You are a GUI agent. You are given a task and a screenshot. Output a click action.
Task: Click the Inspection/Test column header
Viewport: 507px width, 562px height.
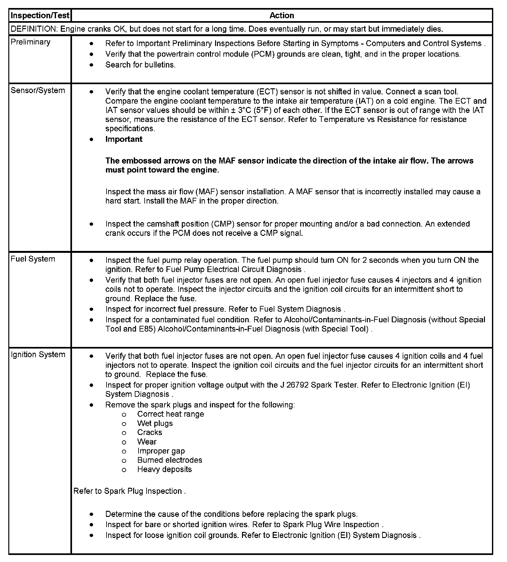pos(40,15)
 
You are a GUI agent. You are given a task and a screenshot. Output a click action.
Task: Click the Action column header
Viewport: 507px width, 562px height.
pos(282,15)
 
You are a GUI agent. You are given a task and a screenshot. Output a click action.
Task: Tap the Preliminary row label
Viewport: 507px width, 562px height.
pos(30,42)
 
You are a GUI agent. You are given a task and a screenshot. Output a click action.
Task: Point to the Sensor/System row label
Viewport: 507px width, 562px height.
pos(38,90)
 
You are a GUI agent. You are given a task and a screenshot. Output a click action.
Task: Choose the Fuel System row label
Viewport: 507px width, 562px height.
pos(33,259)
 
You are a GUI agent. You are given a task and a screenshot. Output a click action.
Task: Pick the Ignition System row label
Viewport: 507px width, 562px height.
pos(38,354)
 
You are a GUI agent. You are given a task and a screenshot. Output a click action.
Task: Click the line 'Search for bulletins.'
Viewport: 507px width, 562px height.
pos(141,65)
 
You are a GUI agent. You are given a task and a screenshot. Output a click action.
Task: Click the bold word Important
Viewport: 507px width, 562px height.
pos(124,139)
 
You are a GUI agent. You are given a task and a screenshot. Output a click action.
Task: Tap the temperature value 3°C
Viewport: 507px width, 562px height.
pos(245,110)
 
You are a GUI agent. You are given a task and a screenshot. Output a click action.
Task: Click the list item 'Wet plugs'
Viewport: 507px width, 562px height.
pos(155,423)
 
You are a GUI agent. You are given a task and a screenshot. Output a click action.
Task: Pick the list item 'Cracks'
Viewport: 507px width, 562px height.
pos(149,432)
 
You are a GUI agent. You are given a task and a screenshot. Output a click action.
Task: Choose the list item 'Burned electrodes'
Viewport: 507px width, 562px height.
pos(170,460)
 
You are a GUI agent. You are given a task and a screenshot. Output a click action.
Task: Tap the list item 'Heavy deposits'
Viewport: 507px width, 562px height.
pos(165,469)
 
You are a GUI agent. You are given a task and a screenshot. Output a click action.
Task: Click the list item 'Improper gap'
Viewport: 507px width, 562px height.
pos(161,451)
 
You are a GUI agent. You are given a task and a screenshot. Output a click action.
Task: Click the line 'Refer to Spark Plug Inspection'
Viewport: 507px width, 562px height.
pos(129,491)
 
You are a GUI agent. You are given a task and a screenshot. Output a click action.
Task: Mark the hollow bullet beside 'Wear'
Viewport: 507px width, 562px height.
pos(124,442)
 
